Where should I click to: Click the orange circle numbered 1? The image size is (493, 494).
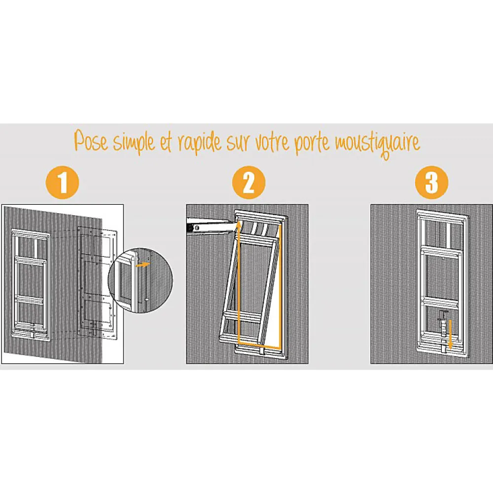coord(62,183)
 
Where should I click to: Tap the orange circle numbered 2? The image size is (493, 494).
coord(248,183)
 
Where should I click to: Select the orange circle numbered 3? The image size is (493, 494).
coord(431,183)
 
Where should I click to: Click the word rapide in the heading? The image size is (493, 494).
coord(200,143)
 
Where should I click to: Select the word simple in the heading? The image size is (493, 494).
coord(134,143)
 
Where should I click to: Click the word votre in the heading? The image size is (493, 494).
coord(272,142)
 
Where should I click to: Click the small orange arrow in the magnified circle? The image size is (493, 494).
coord(143,265)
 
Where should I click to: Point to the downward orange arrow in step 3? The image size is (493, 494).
coord(450,335)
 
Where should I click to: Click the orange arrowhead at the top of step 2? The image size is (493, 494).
coord(239,225)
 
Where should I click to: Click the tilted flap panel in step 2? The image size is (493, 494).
coord(249,290)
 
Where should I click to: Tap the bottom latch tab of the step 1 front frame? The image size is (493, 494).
coord(32,335)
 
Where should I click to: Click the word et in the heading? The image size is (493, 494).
coord(165,143)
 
